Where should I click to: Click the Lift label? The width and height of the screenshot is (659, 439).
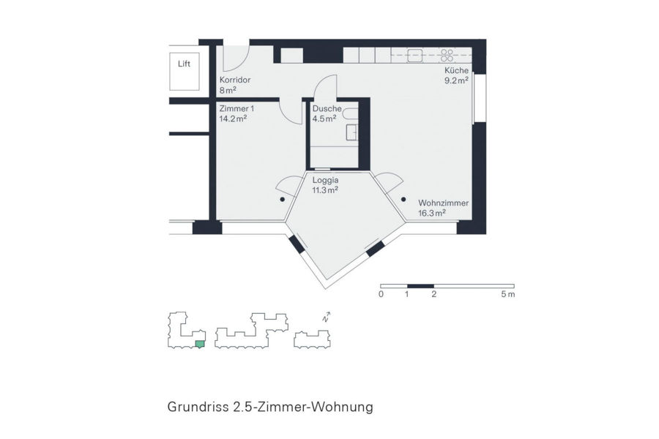click(184, 64)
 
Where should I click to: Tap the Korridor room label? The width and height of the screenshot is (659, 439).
click(235, 80)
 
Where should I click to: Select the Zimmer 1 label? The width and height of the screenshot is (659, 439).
click(237, 108)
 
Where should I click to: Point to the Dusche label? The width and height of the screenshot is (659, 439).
click(327, 108)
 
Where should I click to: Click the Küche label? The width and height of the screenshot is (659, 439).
click(456, 70)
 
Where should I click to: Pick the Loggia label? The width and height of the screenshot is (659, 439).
click(325, 180)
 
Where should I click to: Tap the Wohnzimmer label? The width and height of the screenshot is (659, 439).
click(444, 203)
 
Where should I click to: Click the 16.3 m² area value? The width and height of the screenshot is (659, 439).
click(432, 213)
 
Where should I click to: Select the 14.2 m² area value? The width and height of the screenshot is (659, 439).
click(233, 119)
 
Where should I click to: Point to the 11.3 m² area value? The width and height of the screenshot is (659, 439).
click(325, 190)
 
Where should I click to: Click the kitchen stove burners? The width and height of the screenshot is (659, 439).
click(447, 56)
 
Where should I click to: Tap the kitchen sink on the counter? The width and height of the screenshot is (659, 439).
click(415, 56)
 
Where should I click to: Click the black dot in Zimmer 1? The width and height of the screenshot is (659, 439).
click(283, 200)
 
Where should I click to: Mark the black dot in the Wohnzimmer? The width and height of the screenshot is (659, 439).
click(403, 200)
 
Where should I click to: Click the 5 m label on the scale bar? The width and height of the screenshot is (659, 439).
click(508, 294)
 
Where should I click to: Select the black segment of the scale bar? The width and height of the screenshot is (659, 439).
click(420, 286)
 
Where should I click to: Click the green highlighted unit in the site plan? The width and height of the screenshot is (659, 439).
click(200, 345)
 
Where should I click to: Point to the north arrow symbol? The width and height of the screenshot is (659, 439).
click(326, 317)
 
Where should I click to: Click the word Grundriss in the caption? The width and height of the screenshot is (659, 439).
click(198, 407)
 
